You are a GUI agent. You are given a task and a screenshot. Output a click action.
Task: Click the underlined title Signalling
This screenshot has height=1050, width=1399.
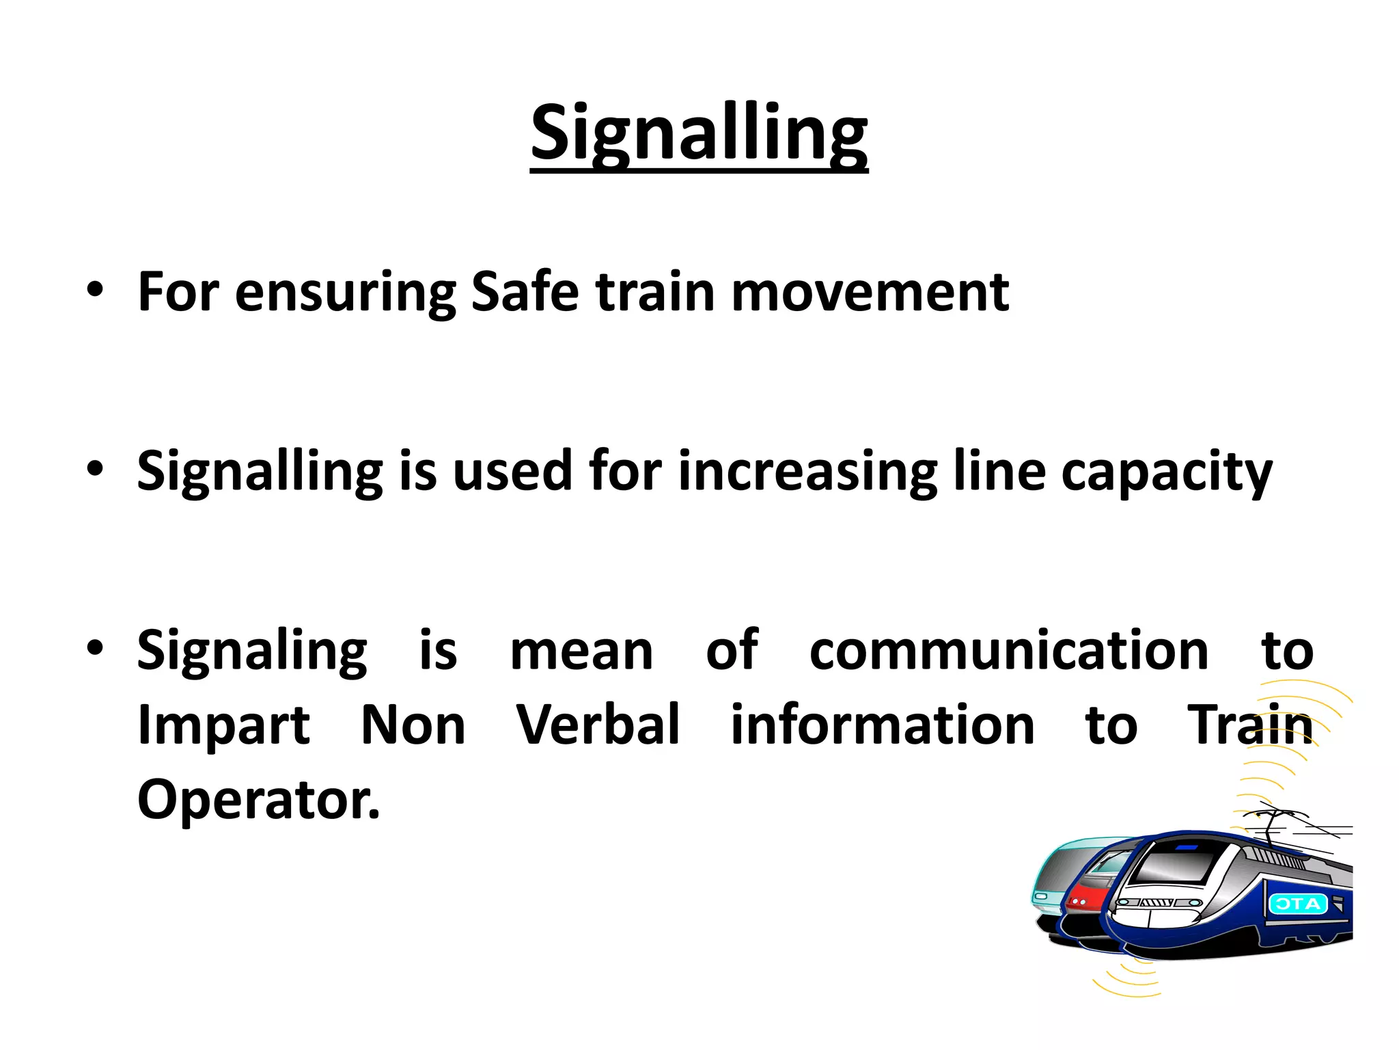699,133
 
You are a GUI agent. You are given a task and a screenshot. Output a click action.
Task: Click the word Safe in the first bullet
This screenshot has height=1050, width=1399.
525,292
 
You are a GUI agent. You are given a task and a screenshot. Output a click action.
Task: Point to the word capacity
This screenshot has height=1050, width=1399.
1166,472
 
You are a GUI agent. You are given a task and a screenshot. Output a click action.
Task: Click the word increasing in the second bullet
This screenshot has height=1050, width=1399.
807,472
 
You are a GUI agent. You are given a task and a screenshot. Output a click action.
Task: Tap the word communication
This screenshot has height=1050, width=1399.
1009,650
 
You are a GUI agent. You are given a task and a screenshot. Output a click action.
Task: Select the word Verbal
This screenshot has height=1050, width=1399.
598,725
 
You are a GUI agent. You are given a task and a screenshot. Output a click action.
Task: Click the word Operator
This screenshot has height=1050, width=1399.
258,800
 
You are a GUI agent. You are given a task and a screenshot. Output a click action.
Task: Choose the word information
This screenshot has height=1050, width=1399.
883,725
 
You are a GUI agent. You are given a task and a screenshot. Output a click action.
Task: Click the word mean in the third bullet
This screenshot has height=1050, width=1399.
582,651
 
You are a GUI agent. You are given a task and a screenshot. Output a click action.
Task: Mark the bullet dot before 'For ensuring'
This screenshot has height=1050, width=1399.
95,291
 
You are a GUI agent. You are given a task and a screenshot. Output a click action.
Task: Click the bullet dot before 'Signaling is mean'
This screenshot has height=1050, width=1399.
95,649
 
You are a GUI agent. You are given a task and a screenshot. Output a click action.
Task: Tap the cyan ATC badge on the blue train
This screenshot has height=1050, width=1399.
1297,904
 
